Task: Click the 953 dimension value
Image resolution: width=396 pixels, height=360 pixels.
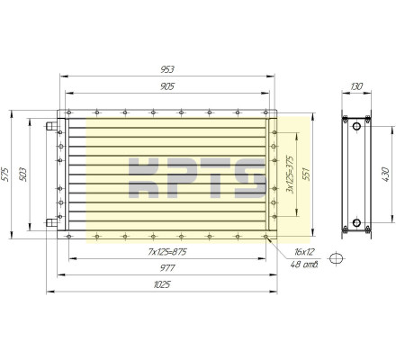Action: [167, 69]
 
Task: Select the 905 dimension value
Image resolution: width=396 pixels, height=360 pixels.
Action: [167, 86]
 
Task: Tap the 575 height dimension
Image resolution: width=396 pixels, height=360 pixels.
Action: [5, 175]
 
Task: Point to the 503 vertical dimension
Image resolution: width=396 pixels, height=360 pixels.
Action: [22, 175]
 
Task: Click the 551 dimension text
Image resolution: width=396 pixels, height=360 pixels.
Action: [306, 174]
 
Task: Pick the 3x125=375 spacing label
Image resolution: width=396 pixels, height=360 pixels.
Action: [290, 174]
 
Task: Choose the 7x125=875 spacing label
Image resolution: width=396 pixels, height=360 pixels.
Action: [167, 252]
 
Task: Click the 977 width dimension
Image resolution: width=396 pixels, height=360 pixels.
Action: [167, 267]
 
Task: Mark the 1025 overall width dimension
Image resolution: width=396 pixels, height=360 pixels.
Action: [162, 284]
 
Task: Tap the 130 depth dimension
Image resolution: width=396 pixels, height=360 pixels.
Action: [356, 86]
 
